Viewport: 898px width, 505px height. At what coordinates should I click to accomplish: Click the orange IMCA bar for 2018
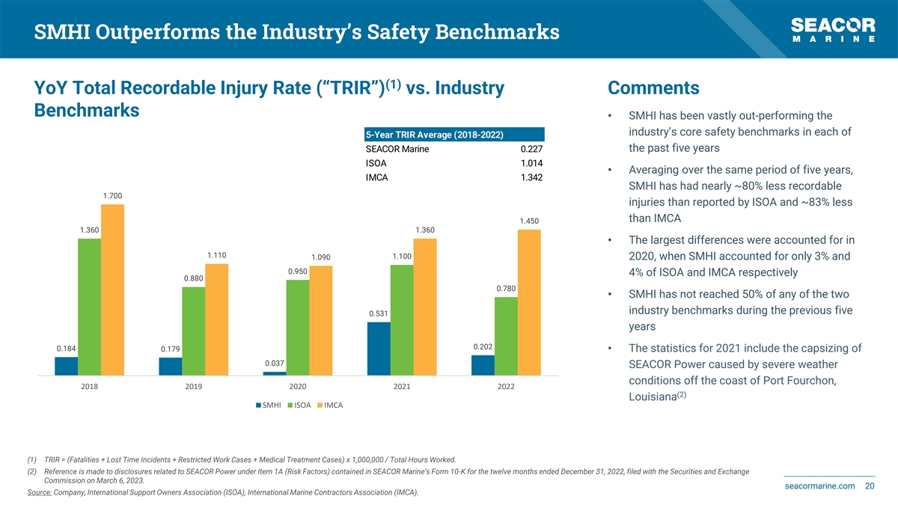[112, 289]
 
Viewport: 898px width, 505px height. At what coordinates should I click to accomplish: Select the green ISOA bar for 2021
[401, 319]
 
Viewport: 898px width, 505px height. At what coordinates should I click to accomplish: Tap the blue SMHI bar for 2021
[379, 348]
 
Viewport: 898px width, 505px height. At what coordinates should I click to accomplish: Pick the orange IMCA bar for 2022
[528, 302]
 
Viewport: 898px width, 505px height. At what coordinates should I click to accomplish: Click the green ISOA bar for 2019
[193, 331]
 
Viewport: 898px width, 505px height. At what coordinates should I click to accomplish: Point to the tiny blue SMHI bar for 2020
[275, 373]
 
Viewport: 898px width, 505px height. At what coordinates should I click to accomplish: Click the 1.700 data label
[112, 196]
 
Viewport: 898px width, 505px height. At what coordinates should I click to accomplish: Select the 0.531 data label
[379, 313]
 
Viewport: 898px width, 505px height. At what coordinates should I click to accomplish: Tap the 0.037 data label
[275, 364]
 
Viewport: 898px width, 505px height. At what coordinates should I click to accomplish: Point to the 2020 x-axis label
[297, 388]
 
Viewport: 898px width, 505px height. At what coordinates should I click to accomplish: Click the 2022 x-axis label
[505, 388]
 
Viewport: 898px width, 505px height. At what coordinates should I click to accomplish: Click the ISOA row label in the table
[376, 163]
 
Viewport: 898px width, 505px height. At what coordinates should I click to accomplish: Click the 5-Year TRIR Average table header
[433, 135]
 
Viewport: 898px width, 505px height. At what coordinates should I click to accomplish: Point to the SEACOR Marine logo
[833, 30]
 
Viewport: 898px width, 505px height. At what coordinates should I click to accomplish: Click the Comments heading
[653, 88]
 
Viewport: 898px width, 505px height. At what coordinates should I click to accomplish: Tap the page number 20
[870, 486]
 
